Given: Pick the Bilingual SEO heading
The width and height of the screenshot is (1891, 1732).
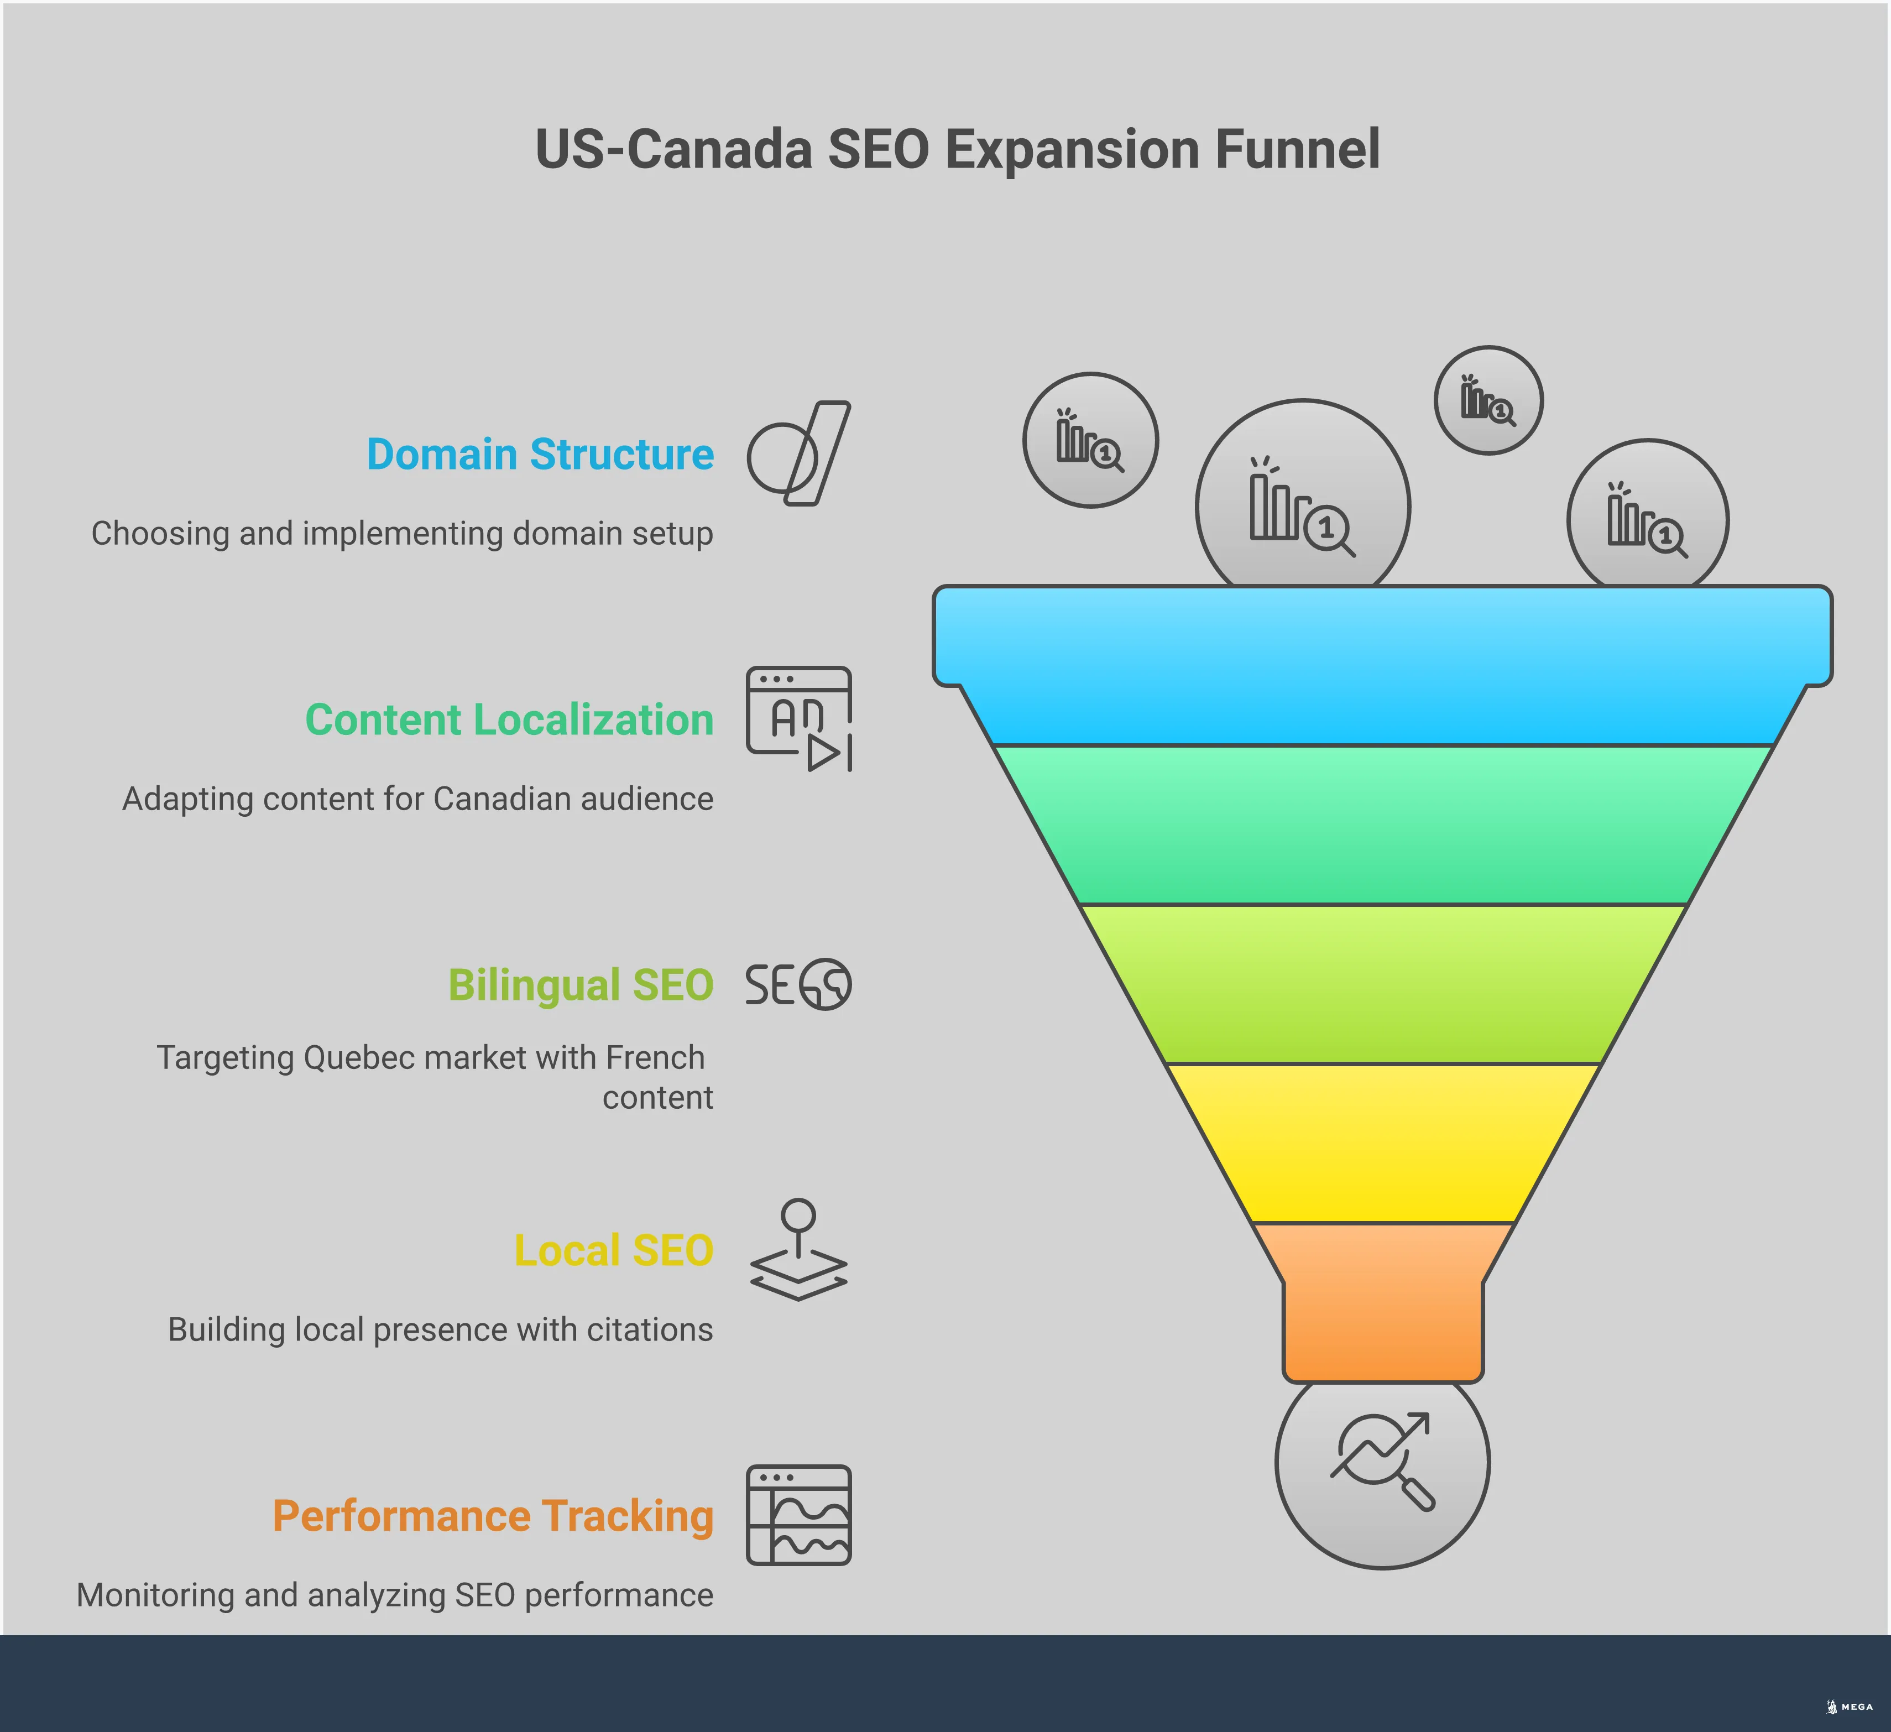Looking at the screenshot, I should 581,985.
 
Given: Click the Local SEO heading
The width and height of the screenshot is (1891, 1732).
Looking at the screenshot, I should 613,1251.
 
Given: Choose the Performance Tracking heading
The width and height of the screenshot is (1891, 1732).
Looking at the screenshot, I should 493,1516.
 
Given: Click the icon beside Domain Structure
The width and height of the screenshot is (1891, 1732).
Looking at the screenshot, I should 798,454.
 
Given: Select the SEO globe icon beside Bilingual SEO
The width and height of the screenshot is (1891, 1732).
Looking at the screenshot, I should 798,984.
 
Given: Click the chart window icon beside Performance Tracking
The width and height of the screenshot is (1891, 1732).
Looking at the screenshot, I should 798,1515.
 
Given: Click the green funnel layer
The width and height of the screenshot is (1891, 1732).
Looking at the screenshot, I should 1382,826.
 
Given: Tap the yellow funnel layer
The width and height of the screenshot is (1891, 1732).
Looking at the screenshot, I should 1382,1143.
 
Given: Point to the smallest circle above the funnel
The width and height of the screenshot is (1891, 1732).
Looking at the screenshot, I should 1488,400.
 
